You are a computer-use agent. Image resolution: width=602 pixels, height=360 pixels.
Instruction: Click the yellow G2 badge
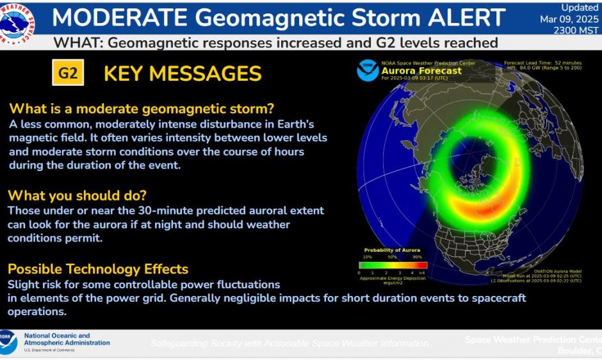(68, 74)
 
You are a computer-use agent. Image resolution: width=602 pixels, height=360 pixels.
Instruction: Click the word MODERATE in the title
(121, 17)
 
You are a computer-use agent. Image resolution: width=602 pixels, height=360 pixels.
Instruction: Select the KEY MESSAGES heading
(183, 74)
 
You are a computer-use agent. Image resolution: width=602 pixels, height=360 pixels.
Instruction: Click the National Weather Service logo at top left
(17, 20)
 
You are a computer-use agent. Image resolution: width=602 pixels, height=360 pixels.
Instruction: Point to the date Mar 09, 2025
(569, 19)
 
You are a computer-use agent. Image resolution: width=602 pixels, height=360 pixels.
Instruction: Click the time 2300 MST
(576, 29)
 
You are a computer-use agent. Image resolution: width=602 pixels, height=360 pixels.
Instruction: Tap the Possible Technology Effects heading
(98, 269)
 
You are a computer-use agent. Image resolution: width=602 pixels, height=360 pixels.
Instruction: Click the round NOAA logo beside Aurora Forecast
(368, 70)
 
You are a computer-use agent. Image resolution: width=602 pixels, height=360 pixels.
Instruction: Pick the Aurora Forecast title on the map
(421, 71)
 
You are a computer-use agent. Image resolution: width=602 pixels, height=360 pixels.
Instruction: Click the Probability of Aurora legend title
(393, 250)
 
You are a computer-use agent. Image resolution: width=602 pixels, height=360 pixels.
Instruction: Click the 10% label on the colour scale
(368, 257)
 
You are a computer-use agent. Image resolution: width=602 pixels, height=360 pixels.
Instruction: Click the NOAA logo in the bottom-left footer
(8, 343)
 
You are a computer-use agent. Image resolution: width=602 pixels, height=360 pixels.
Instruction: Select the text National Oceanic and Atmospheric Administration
(67, 340)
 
